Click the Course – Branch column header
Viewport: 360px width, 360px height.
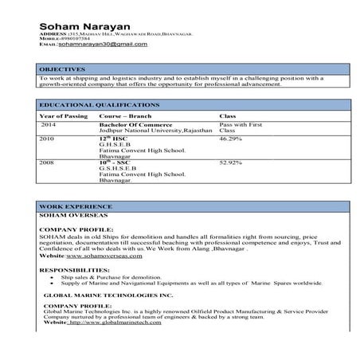pos(125,116)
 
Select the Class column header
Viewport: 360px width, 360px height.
pos(227,116)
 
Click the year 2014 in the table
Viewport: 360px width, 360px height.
pos(49,125)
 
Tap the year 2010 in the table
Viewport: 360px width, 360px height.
pos(47,139)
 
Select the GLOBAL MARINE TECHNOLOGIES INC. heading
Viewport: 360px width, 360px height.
pos(99,295)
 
